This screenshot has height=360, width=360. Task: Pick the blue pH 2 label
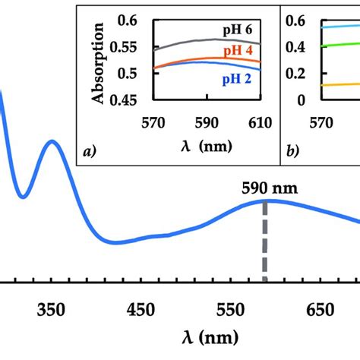point(238,77)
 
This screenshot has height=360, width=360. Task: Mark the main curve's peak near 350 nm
point(52,141)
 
